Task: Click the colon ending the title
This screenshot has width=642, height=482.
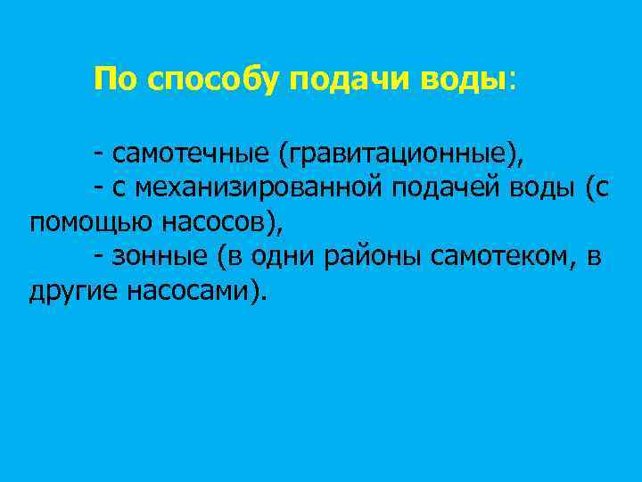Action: (x=512, y=80)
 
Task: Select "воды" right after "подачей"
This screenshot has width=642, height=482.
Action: (x=546, y=188)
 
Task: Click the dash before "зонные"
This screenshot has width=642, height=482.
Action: (x=96, y=257)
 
